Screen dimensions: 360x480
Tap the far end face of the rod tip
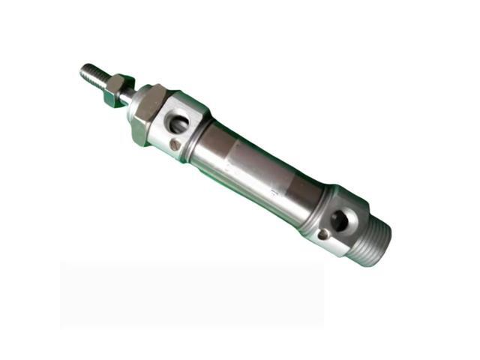[83, 70]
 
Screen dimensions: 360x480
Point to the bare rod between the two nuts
[129, 95]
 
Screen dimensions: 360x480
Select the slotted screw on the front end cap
[174, 144]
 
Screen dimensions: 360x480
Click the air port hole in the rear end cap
[340, 220]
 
